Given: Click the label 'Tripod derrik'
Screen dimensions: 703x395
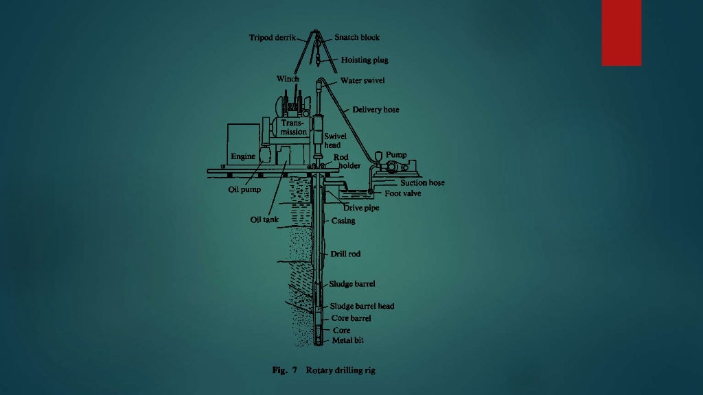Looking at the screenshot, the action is pos(272,38).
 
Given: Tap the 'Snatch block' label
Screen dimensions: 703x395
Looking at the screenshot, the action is pos(357,37).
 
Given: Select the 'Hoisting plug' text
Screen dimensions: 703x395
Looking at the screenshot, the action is pos(365,60).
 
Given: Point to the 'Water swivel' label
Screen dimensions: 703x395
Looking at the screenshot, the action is pos(362,81).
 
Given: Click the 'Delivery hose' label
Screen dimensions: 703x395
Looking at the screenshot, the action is pos(376,110).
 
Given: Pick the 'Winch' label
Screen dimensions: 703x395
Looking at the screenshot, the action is pos(288,79).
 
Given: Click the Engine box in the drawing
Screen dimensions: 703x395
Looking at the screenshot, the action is pos(244,144).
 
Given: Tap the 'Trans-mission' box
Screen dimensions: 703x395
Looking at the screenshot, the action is pos(294,128).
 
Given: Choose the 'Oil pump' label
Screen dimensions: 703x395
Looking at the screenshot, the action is pos(244,189).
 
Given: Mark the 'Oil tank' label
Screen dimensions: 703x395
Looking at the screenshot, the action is pos(264,219).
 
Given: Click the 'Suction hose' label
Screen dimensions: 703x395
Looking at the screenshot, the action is pos(422,182).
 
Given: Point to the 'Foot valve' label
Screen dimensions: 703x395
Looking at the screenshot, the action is pos(402,193).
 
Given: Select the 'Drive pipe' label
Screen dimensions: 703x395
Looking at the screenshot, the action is pos(361,208).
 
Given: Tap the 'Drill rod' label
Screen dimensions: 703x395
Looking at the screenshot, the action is pos(345,254).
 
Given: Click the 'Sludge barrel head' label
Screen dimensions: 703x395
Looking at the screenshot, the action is pos(362,307).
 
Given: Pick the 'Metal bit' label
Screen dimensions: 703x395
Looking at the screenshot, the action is pos(348,340).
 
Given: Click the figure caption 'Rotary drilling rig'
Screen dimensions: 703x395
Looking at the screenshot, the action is pos(341,370).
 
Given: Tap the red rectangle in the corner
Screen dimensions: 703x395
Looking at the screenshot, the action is pos(621,33).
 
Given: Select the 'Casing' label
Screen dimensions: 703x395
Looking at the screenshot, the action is pos(343,221).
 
